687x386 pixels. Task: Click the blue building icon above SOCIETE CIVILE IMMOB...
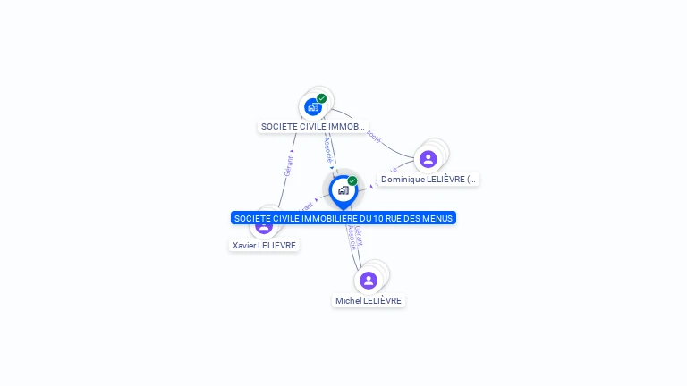click(x=312, y=106)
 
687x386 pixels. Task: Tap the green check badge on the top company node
click(x=322, y=98)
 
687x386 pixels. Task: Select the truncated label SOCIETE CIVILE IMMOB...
click(x=312, y=127)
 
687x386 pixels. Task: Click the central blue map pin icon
click(x=343, y=190)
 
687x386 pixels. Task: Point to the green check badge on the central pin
click(x=352, y=181)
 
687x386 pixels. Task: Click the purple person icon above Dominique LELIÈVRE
click(x=428, y=159)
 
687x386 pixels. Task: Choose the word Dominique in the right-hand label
click(x=401, y=180)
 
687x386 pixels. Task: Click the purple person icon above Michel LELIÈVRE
click(x=369, y=281)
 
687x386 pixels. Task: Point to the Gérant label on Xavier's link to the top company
click(x=288, y=165)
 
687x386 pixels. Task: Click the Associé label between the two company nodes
click(x=329, y=147)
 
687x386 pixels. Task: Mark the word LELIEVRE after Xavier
click(x=276, y=246)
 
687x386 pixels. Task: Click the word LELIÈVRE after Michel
click(x=383, y=301)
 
